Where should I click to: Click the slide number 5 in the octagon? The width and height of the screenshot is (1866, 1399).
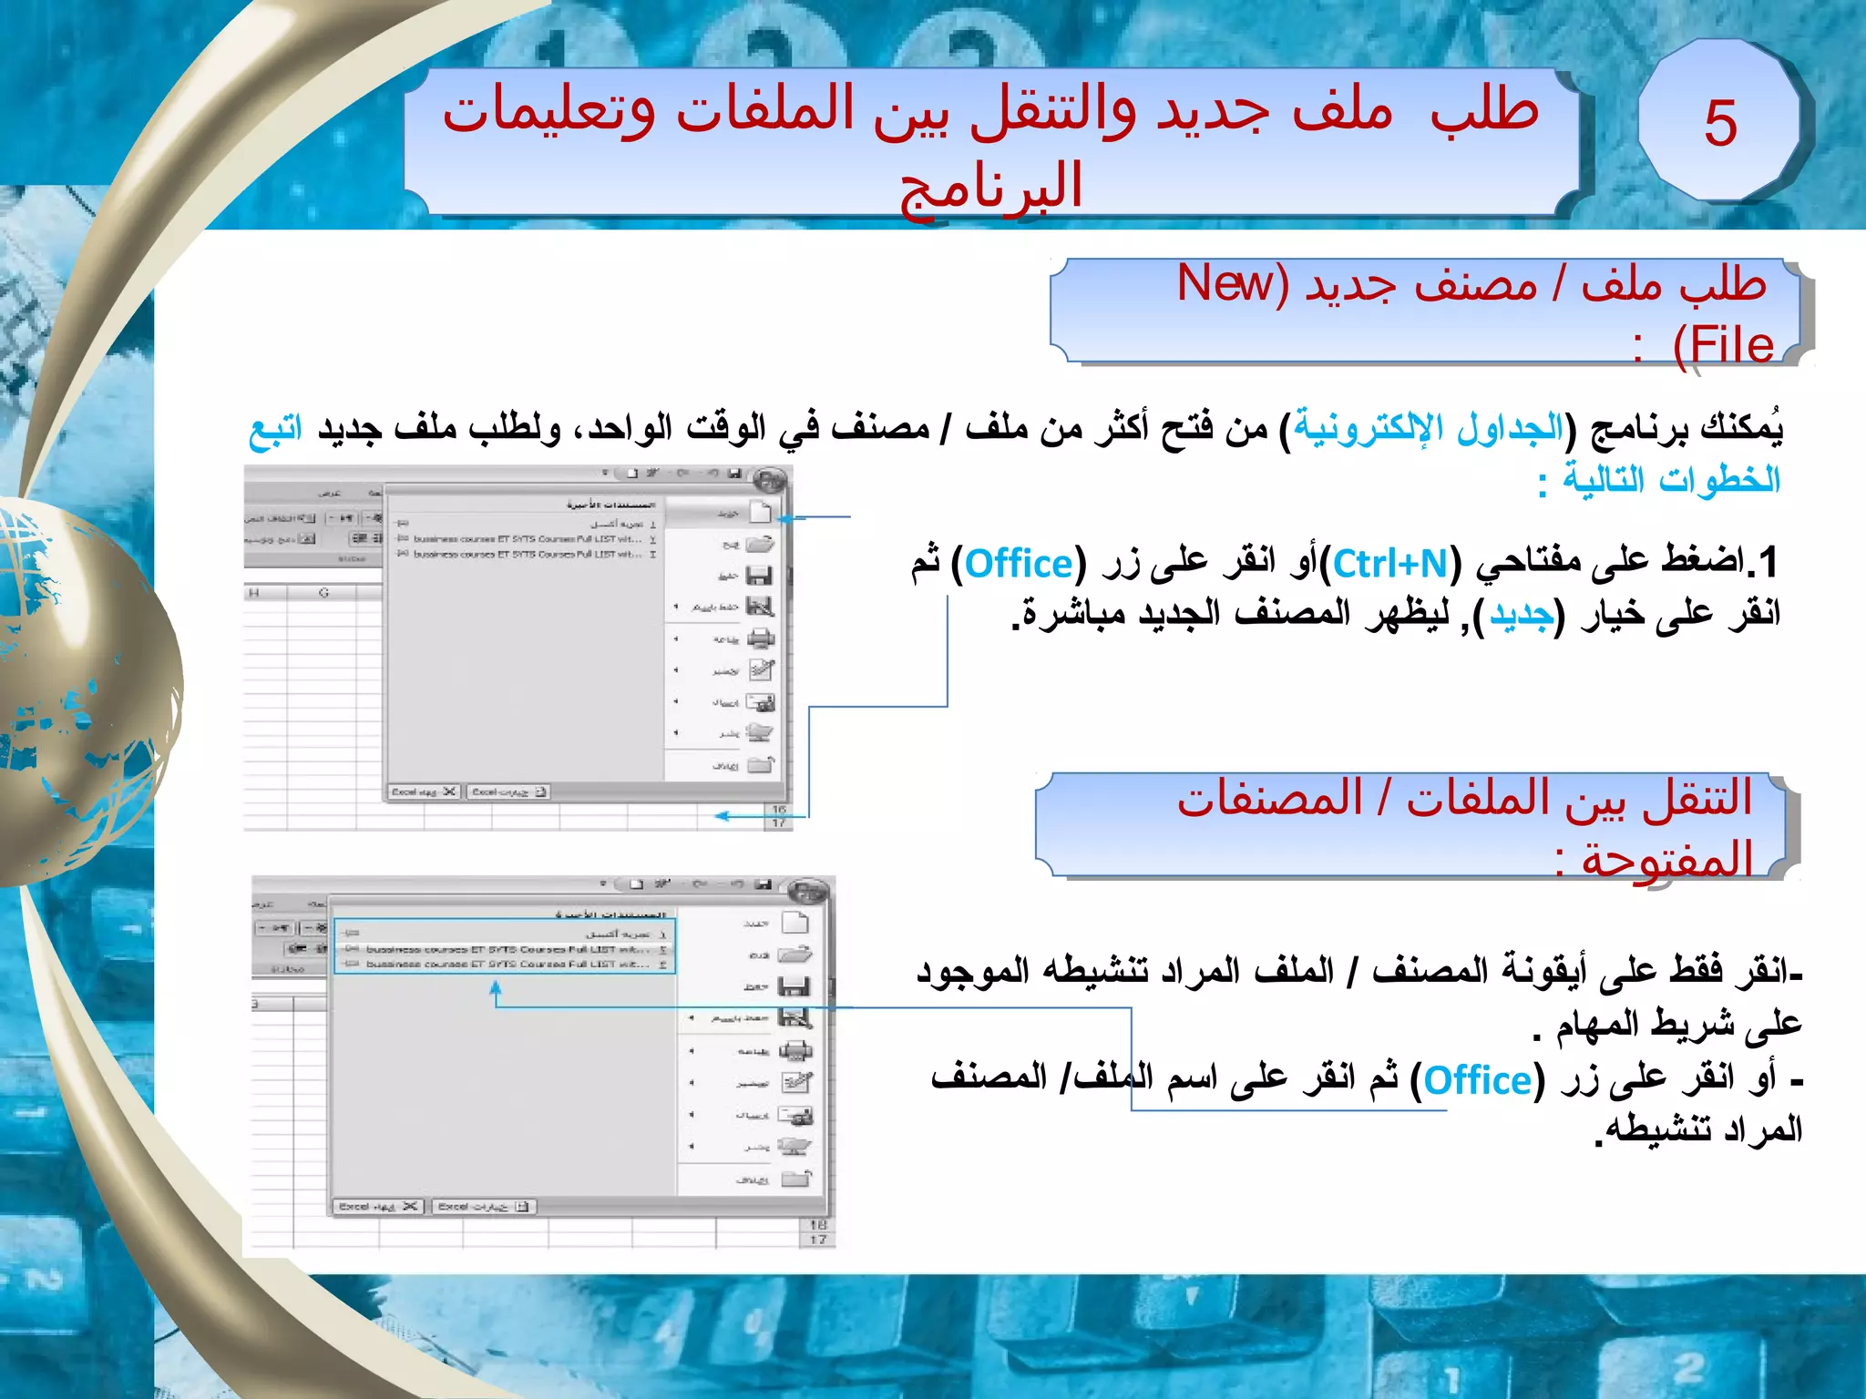pos(1720,122)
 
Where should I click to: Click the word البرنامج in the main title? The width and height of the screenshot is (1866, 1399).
pos(991,186)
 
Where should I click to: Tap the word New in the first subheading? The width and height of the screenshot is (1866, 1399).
pos(1225,283)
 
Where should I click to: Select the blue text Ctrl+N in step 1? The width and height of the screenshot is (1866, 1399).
pos(1390,565)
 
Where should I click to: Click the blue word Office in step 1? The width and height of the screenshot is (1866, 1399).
pos(1019,565)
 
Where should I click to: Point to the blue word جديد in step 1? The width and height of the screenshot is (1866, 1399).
pos(1521,616)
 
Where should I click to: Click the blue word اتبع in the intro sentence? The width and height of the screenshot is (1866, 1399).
pos(275,430)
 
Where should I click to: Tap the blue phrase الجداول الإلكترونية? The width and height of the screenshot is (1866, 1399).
pos(1428,426)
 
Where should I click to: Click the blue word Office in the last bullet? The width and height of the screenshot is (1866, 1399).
pos(1477,1081)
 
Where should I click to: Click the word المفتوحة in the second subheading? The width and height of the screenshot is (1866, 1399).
pos(1666,860)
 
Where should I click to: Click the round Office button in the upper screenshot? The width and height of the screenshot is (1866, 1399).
pos(770,480)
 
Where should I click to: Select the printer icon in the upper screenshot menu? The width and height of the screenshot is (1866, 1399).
pos(761,638)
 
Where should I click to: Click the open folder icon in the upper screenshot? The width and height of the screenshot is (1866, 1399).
pos(760,545)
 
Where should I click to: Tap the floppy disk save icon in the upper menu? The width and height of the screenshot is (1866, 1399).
pos(759,576)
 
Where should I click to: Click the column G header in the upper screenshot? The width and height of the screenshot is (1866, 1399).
pos(323,593)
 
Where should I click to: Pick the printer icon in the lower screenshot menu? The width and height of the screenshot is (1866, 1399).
pos(796,1051)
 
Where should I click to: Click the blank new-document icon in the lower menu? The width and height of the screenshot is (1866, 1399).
pos(795,923)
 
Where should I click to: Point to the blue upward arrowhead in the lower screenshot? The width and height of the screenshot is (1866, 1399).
pos(496,987)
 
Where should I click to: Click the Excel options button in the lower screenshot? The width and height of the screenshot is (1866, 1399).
pos(484,1207)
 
